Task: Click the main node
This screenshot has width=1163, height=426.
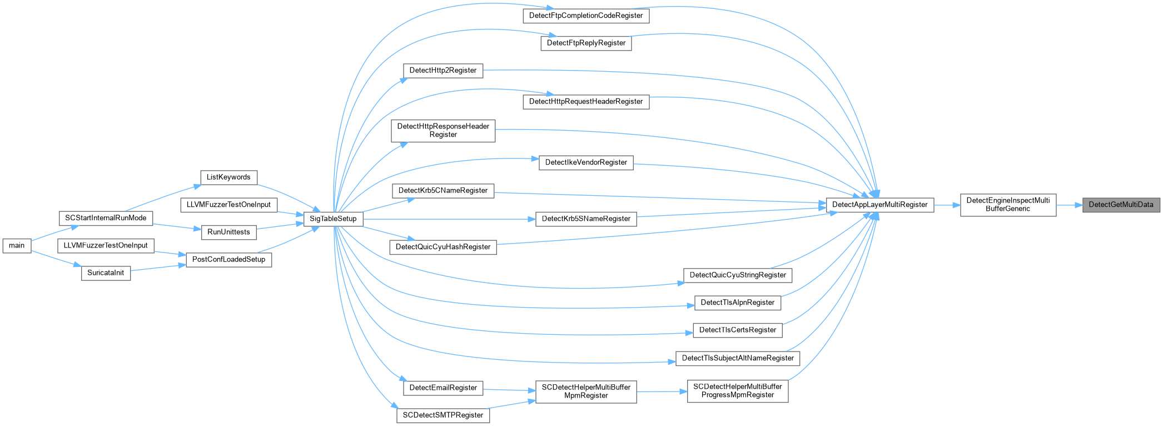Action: [x=17, y=245]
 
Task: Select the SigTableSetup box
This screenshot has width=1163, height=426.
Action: [x=333, y=219]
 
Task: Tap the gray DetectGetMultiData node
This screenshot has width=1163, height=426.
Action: [x=1121, y=205]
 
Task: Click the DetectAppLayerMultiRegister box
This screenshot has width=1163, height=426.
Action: [x=879, y=205]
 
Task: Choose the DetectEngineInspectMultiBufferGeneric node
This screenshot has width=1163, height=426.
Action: [x=1008, y=205]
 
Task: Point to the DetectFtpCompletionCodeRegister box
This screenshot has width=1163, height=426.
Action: [x=586, y=16]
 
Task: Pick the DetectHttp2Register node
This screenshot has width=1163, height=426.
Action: [x=443, y=71]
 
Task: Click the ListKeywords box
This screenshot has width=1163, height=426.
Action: [x=228, y=177]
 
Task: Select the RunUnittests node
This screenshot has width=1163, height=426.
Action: [x=228, y=232]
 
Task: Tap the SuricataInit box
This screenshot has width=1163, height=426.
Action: [x=106, y=273]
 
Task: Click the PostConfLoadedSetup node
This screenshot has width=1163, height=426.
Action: [x=228, y=260]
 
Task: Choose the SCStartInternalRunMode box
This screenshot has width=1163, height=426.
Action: [x=106, y=218]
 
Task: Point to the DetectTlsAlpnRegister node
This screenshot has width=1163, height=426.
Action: [x=737, y=303]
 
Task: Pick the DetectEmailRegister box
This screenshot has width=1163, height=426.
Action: [x=443, y=388]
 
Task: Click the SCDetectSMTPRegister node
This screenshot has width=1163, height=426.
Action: [x=443, y=415]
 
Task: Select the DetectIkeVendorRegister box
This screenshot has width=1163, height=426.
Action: [x=586, y=162]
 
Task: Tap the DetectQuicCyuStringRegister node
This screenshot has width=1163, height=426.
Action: [x=738, y=275]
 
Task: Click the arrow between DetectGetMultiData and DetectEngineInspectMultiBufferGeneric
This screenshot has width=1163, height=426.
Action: [x=1069, y=205]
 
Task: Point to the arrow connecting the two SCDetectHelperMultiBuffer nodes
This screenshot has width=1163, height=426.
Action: [x=662, y=391]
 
